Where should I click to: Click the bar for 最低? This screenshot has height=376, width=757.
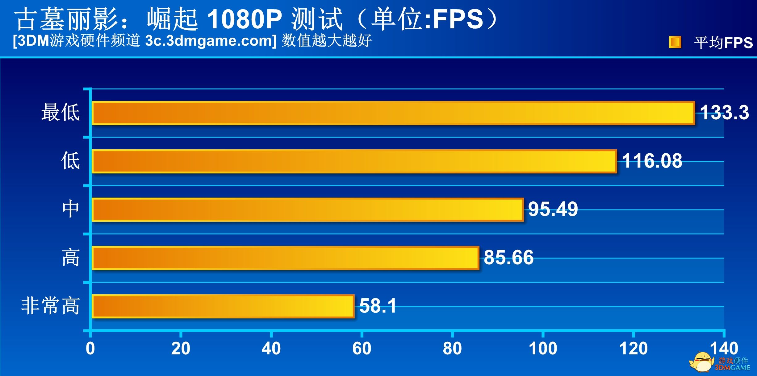(x=393, y=113)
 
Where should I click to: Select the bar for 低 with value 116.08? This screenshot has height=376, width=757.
(x=354, y=161)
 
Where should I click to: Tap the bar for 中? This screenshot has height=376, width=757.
(x=307, y=210)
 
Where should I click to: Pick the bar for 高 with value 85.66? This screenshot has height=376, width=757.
(x=285, y=258)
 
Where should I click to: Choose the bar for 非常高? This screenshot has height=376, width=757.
(x=223, y=306)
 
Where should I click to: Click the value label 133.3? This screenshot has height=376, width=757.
(x=724, y=112)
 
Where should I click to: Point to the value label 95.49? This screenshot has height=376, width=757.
(x=553, y=209)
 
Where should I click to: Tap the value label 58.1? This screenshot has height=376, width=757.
(x=378, y=306)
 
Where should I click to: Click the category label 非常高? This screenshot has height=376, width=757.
(x=51, y=306)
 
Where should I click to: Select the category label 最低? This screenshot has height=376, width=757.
(x=61, y=112)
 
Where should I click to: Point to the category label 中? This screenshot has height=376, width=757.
(x=71, y=209)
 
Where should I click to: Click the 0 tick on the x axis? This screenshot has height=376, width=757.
(x=90, y=349)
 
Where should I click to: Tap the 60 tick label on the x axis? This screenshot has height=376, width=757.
(x=362, y=349)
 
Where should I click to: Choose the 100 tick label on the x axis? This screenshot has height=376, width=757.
(x=543, y=349)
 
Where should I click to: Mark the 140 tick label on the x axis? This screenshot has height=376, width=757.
(x=724, y=349)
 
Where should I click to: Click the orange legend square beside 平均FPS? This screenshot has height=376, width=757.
(x=675, y=42)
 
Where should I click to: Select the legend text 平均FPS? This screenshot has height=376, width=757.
(x=723, y=43)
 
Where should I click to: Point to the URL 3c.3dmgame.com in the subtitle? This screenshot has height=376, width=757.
(x=211, y=41)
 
